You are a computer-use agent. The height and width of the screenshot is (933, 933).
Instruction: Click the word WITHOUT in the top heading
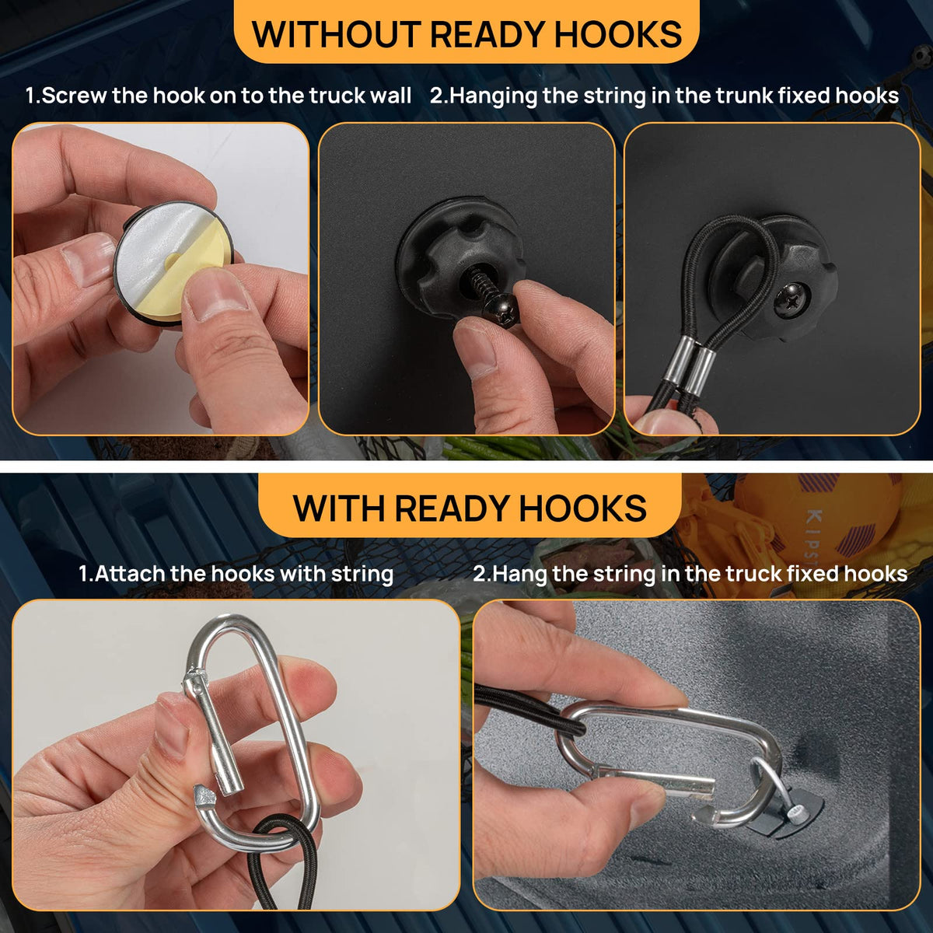[337, 34]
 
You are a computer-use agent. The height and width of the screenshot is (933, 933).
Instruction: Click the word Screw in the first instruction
[74, 96]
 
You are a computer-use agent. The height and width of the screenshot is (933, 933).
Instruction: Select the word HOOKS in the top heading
[618, 34]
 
